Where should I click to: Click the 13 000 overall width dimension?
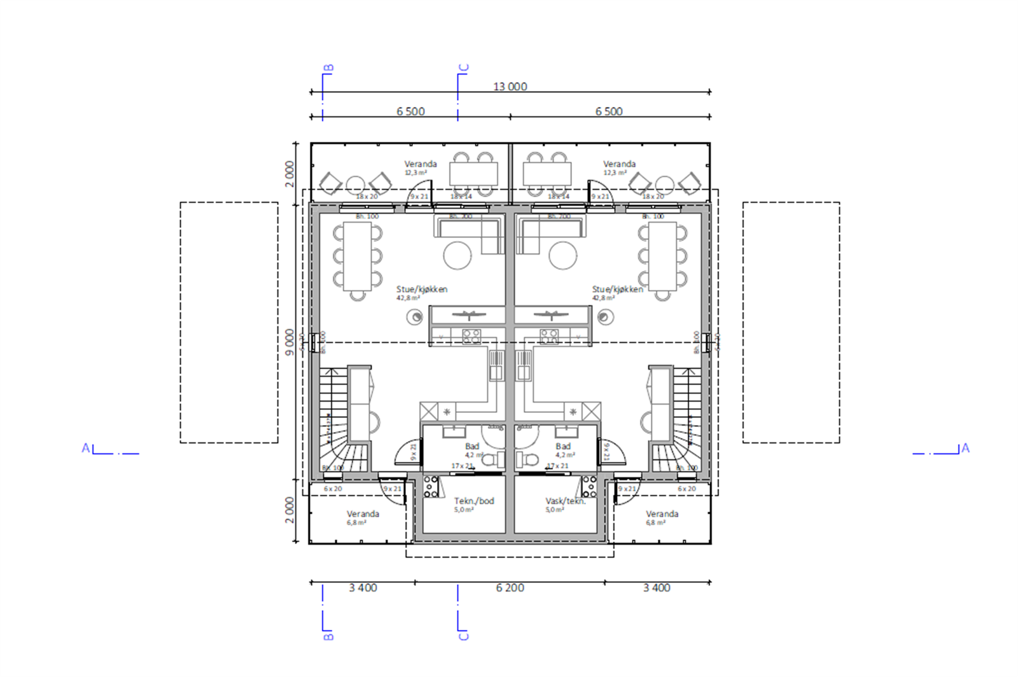pyautogui.click(x=510, y=87)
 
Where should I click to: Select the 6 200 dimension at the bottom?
pyautogui.click(x=510, y=587)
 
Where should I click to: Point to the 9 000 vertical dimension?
pyautogui.click(x=290, y=342)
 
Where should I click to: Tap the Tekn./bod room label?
pyautogui.click(x=474, y=501)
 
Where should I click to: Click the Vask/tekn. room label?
pyautogui.click(x=565, y=501)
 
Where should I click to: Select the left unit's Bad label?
pyautogui.click(x=472, y=446)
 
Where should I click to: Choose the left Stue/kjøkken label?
pyautogui.click(x=422, y=289)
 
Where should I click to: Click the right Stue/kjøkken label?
pyautogui.click(x=617, y=289)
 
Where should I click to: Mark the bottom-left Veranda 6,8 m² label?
pyautogui.click(x=363, y=513)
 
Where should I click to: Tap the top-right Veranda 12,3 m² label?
pyautogui.click(x=619, y=164)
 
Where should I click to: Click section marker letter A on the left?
pyautogui.click(x=86, y=448)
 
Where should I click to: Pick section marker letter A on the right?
pyautogui.click(x=965, y=448)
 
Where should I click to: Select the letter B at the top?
pyautogui.click(x=329, y=67)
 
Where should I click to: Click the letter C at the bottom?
pyautogui.click(x=463, y=636)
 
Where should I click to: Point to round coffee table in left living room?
pyautogui.click(x=457, y=256)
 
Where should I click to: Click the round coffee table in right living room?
pyautogui.click(x=562, y=256)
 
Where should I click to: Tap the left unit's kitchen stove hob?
pyautogui.click(x=471, y=336)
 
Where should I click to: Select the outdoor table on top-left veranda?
pyautogui.click(x=473, y=173)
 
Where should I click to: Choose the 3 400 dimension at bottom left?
pyautogui.click(x=363, y=587)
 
